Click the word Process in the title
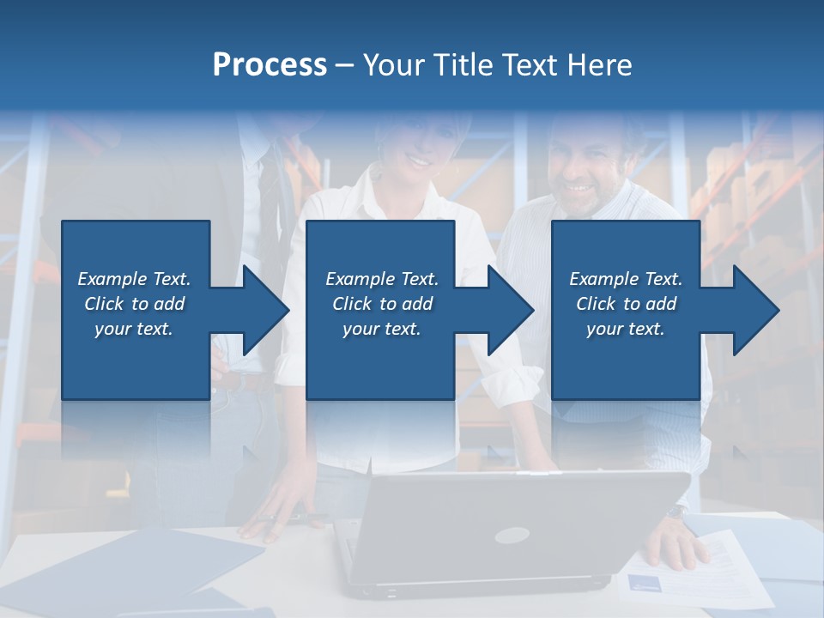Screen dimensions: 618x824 tap(270, 64)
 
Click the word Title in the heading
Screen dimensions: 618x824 tap(463, 64)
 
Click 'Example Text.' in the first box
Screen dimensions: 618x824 tap(134, 279)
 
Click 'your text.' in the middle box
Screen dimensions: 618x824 tap(381, 329)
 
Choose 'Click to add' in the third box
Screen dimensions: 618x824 tap(626, 304)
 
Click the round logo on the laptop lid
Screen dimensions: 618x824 tap(512, 535)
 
